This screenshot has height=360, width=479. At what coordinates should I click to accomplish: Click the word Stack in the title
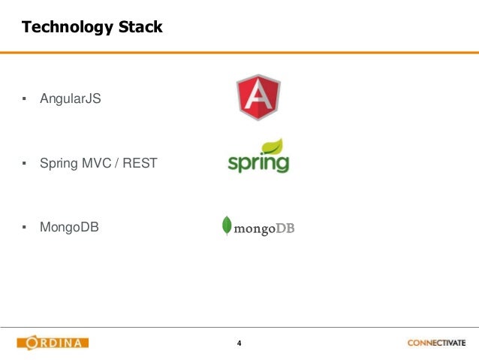coord(137,29)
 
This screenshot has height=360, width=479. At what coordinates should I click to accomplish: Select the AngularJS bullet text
coord(71,98)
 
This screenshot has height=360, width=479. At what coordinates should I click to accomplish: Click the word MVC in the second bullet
coord(94,162)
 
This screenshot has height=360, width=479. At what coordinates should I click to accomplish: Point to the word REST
coord(140,162)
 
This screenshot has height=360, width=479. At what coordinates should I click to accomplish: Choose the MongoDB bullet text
coord(70,226)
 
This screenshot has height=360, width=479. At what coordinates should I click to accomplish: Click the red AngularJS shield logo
coord(258,97)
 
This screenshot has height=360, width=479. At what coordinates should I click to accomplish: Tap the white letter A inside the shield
coord(258,96)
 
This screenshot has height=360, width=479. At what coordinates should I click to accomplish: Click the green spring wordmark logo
coord(258,161)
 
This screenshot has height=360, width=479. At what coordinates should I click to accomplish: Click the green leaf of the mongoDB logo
coord(226,225)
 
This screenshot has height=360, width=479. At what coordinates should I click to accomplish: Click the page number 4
coord(239,343)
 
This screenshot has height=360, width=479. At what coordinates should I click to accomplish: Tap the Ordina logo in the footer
coord(53,343)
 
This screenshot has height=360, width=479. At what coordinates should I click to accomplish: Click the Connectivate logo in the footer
coord(436,343)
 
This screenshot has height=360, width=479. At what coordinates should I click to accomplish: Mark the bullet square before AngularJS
coord(24,98)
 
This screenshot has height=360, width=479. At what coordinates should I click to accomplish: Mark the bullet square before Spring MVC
coord(24,162)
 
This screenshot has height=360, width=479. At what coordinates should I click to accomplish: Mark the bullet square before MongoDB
coord(24,226)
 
